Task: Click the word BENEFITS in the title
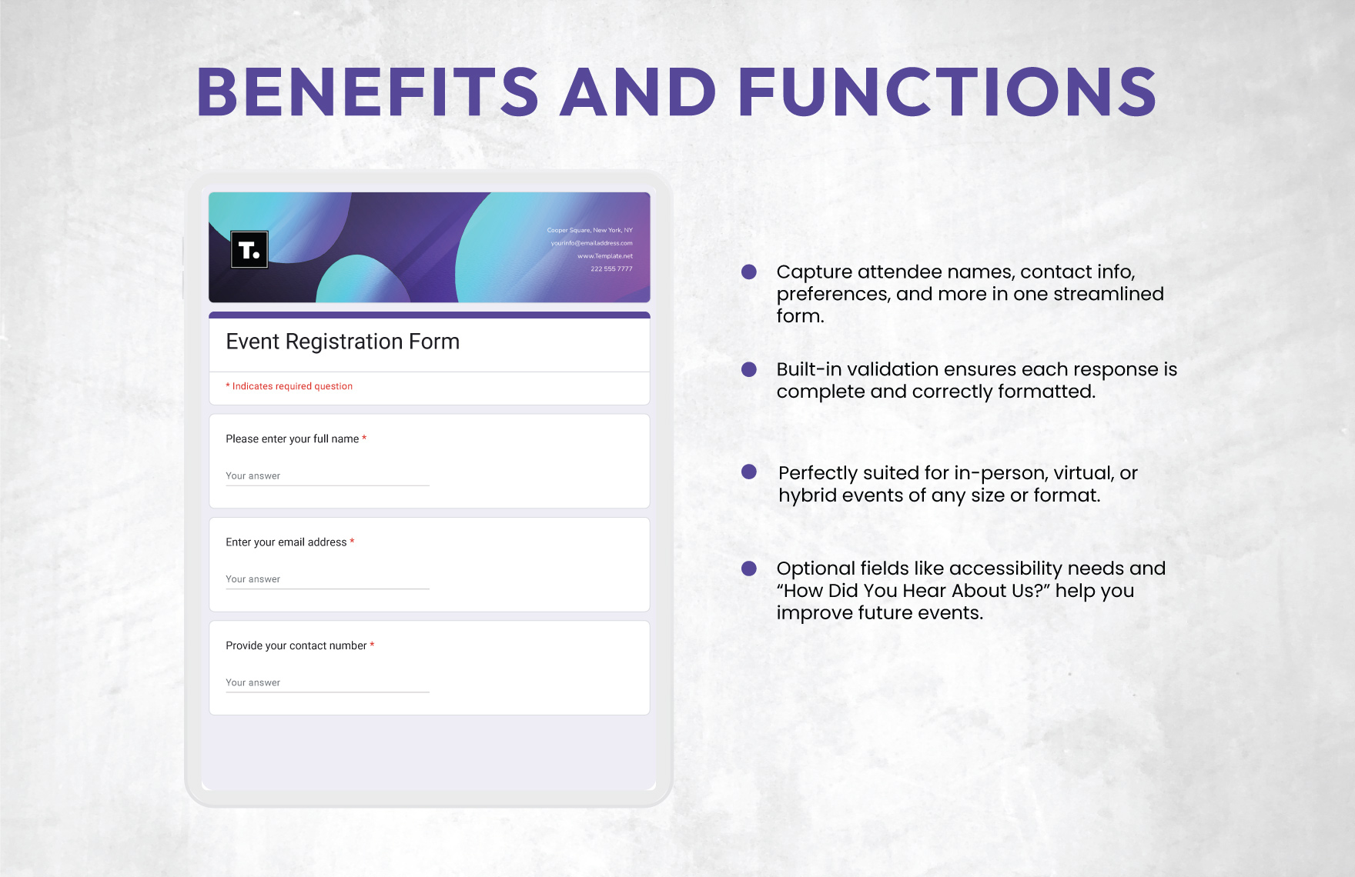click(x=368, y=92)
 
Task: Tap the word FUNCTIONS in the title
click(x=948, y=92)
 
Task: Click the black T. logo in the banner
click(x=249, y=249)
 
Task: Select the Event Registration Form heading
click(x=343, y=342)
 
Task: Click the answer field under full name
click(x=327, y=477)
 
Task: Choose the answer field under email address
click(x=327, y=580)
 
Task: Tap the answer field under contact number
click(x=327, y=683)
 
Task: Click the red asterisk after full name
click(x=364, y=438)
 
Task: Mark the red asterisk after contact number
click(x=372, y=645)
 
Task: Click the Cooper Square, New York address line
click(x=590, y=230)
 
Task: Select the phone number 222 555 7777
click(x=611, y=268)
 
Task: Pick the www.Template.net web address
click(x=605, y=256)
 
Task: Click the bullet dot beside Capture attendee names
click(x=749, y=272)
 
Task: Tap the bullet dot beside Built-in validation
click(x=749, y=369)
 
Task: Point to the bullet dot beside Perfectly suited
click(x=749, y=472)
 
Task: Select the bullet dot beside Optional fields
click(x=749, y=569)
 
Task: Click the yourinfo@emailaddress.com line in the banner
click(x=591, y=243)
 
